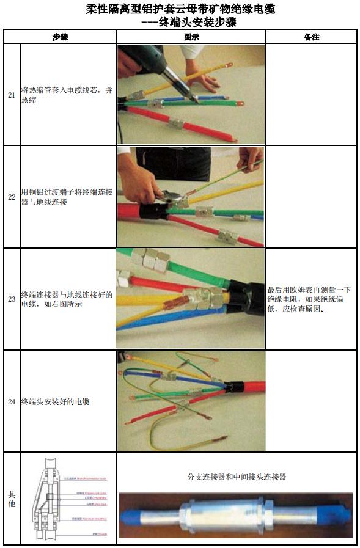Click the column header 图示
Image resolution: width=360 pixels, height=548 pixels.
click(x=191, y=37)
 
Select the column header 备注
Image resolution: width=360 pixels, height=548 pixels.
click(x=311, y=37)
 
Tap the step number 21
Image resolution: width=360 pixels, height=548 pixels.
click(x=12, y=95)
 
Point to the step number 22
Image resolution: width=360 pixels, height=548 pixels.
click(x=12, y=197)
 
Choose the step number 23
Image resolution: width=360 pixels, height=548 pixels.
click(x=12, y=299)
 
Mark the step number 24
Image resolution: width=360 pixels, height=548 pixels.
click(x=12, y=401)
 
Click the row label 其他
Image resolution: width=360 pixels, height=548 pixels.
click(x=12, y=499)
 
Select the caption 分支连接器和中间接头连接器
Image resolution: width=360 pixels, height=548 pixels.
click(x=236, y=477)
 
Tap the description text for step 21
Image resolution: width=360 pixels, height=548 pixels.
click(x=67, y=95)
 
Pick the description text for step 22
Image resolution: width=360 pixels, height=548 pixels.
click(x=67, y=197)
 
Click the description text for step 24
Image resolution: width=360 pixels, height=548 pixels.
click(x=58, y=401)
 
